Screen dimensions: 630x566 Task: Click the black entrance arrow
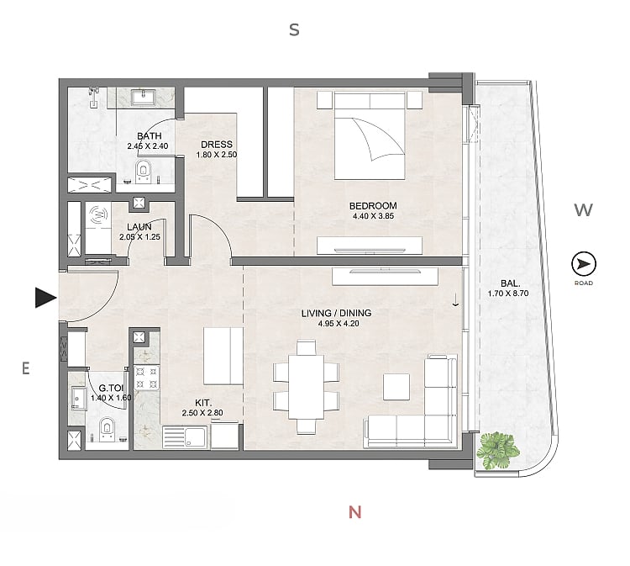coord(45,298)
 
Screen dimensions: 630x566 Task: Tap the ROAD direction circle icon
coord(584,264)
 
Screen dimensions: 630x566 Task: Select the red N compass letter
coord(354,512)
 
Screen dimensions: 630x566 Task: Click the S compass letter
coord(295,29)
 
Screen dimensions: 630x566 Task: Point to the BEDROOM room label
coord(373,206)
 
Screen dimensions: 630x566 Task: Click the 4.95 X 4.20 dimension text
coord(339,324)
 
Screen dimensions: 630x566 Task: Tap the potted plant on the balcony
coord(497,451)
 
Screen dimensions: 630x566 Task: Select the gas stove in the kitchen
coord(146,378)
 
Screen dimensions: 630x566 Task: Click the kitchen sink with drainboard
coord(186,437)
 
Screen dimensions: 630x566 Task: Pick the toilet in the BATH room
coord(143,172)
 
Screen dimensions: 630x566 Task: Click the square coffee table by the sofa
coord(396,387)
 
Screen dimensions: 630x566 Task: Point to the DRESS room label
coord(217,145)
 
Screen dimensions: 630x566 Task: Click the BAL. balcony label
coord(510,283)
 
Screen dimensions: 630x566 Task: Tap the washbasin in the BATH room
coord(141,97)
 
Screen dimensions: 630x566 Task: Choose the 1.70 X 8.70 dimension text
coord(508,294)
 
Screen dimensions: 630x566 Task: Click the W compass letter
coord(583,209)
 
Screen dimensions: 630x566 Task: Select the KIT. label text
coord(203,403)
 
